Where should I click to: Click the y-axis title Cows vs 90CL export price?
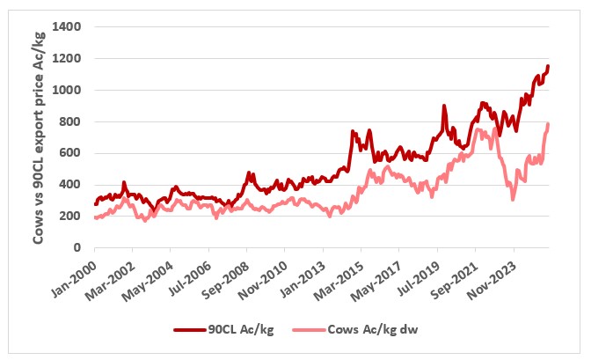pyautogui.click(x=40, y=137)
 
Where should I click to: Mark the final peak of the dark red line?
pyautogui.click(x=549, y=66)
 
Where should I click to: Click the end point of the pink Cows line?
pyautogui.click(x=549, y=124)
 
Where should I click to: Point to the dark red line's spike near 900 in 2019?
pyautogui.click(x=444, y=107)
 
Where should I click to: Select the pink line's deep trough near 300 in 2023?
pyautogui.click(x=513, y=200)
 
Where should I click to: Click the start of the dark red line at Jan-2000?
pyautogui.click(x=95, y=205)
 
